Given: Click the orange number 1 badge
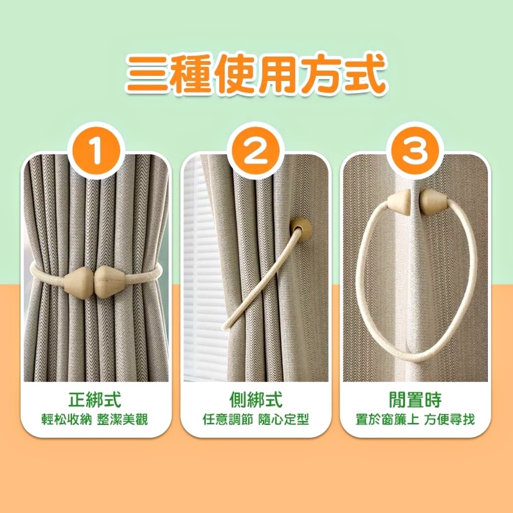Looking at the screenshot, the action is tap(96, 151).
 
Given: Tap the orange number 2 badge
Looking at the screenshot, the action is tap(255, 151).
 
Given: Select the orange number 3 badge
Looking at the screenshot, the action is tap(415, 151).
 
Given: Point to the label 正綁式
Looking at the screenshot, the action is tap(95, 399).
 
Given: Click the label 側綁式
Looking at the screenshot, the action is tap(256, 399).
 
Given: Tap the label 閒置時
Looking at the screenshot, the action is tap(415, 399).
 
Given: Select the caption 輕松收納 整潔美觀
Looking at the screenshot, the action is tap(95, 419).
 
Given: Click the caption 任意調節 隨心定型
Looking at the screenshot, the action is tap(256, 419).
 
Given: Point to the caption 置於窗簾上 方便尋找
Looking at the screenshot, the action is tap(415, 419).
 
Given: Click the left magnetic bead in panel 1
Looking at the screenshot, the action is tap(78, 281).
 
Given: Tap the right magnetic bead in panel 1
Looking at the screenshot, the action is tap(110, 281).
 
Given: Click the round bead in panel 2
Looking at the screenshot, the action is tap(301, 229).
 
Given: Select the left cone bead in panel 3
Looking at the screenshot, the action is tap(399, 202).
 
